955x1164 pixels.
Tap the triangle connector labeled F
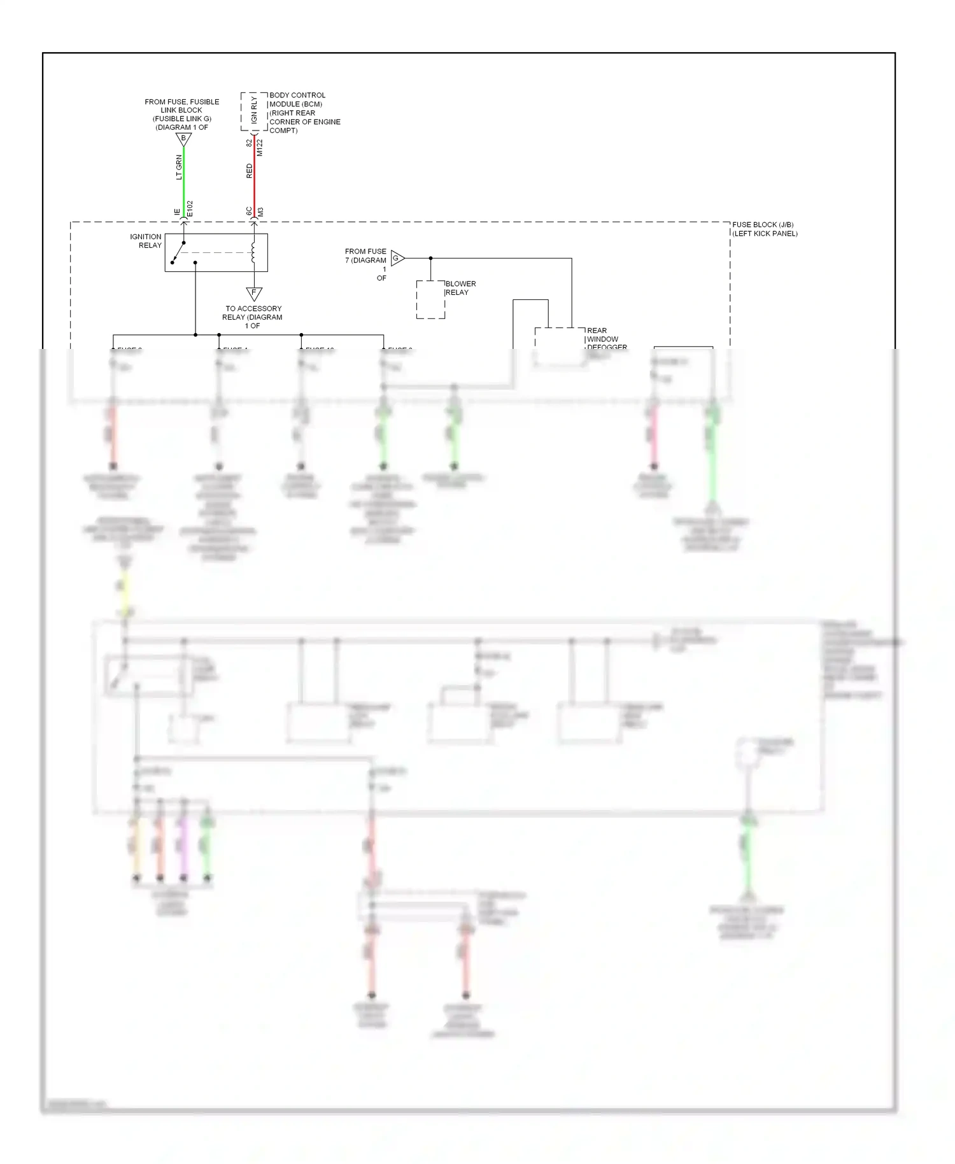coord(254,294)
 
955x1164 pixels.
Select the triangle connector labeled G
coord(397,258)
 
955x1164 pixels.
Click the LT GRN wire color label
coord(179,167)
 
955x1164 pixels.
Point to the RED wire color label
coord(249,171)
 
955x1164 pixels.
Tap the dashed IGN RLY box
coord(254,112)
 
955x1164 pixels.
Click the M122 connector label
coord(260,148)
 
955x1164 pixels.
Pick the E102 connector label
coord(190,209)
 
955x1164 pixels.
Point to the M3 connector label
coord(260,211)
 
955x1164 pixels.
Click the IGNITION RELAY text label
coord(146,241)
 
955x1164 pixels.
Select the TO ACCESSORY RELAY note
coord(253,317)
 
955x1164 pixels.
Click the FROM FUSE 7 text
coord(366,256)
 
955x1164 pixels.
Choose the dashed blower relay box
coord(430,299)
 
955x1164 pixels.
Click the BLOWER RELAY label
coord(460,288)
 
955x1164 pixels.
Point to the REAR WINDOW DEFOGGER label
coord(605,339)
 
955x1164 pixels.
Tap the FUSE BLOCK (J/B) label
coord(764,229)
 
